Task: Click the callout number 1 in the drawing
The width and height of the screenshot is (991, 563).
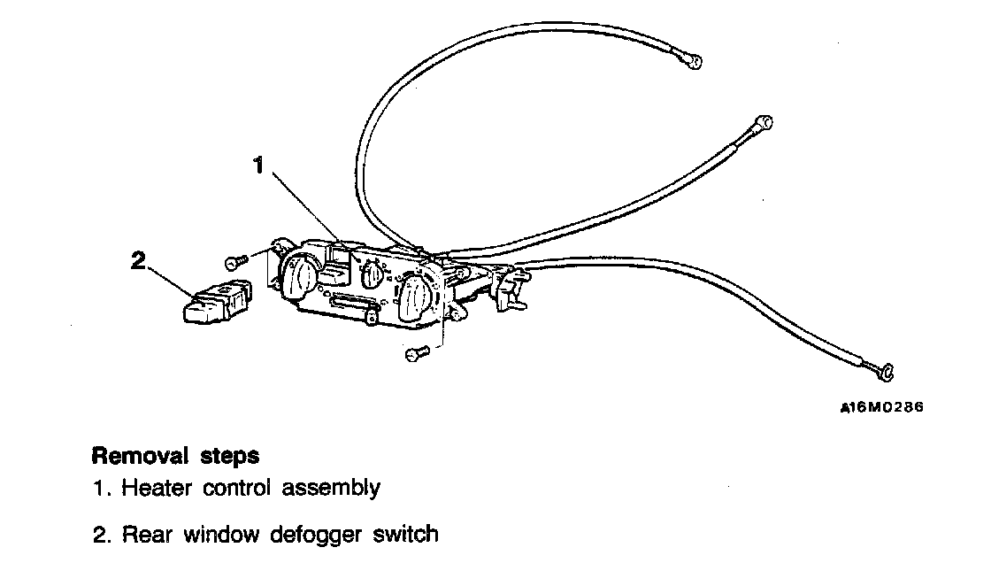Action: (x=259, y=166)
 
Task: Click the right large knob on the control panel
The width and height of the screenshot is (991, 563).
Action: (x=413, y=297)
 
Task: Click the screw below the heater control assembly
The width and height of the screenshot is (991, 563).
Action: (x=416, y=354)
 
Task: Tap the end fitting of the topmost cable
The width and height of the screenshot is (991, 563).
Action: (x=695, y=61)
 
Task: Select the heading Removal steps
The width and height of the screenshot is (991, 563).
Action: (x=175, y=457)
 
